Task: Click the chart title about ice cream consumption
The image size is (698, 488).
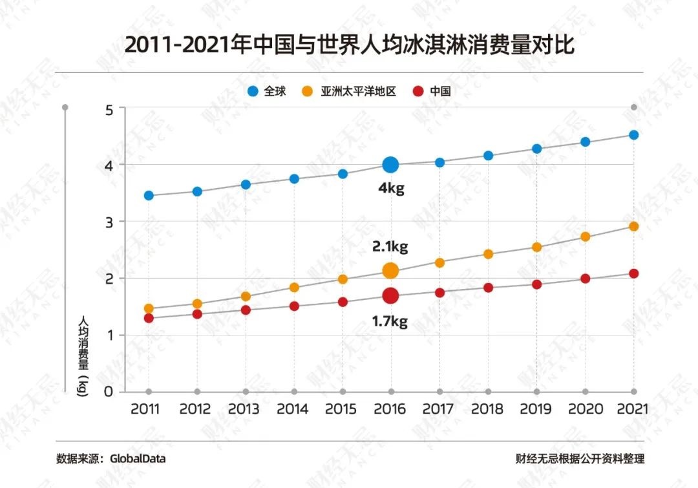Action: (349, 47)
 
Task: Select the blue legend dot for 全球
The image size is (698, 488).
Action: (253, 92)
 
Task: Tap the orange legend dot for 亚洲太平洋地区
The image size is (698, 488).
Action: (308, 92)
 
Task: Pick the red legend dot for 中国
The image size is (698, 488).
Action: (418, 92)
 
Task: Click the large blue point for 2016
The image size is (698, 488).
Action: (390, 165)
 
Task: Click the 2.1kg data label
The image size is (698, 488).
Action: (390, 246)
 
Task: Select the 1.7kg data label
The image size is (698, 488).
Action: (390, 321)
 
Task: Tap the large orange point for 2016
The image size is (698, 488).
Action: (390, 270)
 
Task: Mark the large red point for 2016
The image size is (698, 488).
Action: (390, 295)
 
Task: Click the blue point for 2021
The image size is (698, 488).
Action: (634, 135)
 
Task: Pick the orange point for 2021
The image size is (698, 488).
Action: (634, 226)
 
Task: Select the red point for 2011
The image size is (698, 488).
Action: (149, 318)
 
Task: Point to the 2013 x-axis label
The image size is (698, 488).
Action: (245, 409)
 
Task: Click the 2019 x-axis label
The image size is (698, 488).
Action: (536, 409)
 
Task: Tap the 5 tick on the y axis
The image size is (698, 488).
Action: (109, 109)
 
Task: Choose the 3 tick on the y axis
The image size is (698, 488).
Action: (109, 222)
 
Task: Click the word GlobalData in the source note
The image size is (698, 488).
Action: (138, 459)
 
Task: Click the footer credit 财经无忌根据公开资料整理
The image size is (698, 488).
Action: (580, 459)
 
